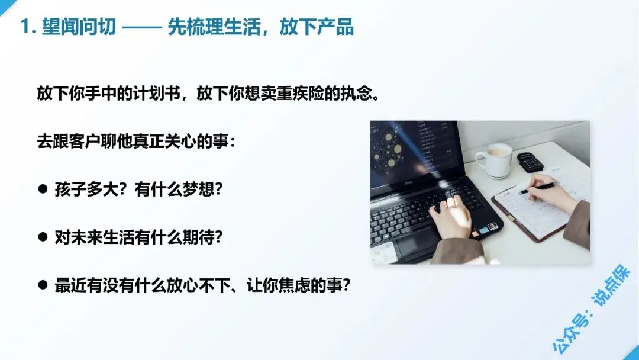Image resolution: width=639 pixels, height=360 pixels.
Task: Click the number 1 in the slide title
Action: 25,27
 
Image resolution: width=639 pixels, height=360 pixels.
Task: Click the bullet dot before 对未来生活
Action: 43,237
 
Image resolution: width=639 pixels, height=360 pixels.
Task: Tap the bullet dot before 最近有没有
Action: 43,284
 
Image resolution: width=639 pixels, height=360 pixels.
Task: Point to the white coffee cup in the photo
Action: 494,159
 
